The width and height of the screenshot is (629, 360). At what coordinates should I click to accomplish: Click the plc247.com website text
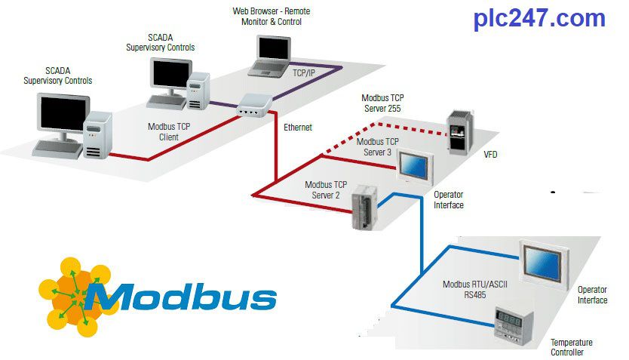pos(539,19)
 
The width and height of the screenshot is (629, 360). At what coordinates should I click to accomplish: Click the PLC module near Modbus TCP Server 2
pos(365,208)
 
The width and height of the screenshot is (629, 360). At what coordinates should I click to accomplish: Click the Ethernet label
pos(297,128)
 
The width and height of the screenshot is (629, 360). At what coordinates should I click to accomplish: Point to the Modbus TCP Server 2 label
pos(325,190)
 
